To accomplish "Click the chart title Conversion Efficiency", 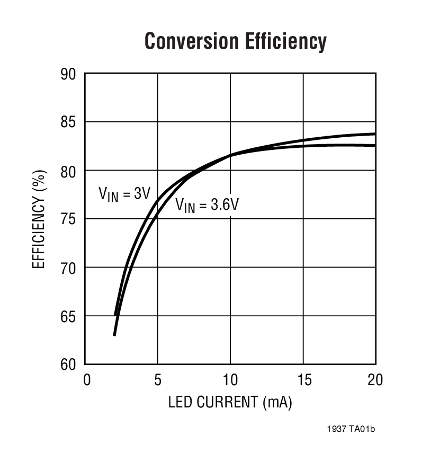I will [235, 41].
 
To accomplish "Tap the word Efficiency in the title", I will [285, 41].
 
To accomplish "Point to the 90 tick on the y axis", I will [69, 75].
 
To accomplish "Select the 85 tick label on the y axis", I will [69, 123].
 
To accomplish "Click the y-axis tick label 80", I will [69, 171].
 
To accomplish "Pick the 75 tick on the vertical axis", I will [69, 219].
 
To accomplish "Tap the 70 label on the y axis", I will [69, 268].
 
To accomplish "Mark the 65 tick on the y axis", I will [69, 316].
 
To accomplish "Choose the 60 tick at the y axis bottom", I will [69, 365].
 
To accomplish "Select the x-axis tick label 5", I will [157, 380].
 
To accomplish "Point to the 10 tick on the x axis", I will [230, 380].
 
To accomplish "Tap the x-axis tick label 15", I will [302, 380].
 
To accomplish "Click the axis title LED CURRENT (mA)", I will [230, 403].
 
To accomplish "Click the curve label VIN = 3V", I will [124, 194].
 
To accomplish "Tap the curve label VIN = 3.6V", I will [207, 205].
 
